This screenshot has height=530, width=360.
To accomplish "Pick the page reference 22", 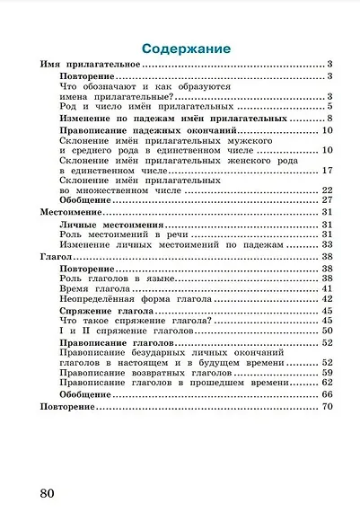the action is click(327, 190).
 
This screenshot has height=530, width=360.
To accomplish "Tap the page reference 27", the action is click(327, 199).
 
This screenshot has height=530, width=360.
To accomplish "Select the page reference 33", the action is click(327, 243).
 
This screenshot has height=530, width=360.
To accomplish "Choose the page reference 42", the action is click(327, 299).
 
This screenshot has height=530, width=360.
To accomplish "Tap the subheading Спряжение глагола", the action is click(105, 311).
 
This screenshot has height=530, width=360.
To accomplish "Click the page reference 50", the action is click(327, 331).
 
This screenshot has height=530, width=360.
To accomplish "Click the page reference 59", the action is click(327, 373).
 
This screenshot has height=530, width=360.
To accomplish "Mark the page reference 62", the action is click(327, 383).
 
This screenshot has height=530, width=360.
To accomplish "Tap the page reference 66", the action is click(327, 395).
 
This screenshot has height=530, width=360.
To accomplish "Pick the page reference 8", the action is click(329, 118).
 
